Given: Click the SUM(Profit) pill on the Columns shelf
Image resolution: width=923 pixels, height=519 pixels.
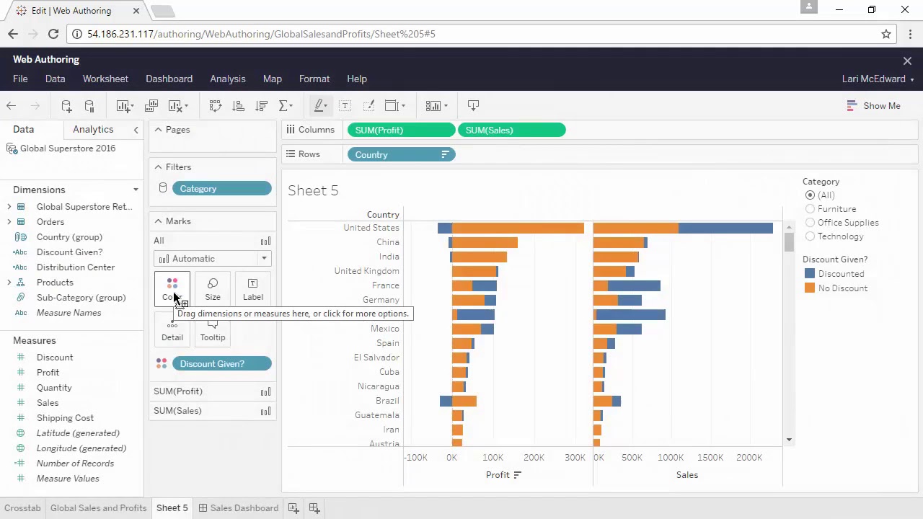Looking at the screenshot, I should [400, 130].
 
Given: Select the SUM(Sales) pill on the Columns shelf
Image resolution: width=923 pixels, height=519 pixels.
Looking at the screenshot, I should [511, 130].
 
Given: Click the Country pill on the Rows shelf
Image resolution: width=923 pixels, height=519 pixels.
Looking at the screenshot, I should [400, 155].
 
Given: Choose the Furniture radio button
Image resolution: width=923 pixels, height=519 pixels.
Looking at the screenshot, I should [811, 209].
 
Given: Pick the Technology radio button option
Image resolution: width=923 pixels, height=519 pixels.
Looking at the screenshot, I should [811, 236].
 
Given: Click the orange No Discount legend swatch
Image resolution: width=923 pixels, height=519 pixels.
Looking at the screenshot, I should [810, 288].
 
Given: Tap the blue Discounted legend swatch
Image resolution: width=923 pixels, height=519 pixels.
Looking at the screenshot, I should [810, 274].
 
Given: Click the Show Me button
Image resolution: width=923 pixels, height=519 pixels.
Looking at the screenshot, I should [874, 106].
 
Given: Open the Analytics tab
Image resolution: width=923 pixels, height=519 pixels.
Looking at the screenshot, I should [93, 130].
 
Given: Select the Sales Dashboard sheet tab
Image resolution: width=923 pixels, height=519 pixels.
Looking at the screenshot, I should [244, 508].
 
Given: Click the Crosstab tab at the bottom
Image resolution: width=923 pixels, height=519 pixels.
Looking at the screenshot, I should [22, 508].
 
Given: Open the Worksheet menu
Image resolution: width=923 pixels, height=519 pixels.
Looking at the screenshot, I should [105, 79].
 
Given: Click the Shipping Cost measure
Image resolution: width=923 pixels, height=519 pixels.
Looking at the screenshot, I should [65, 418].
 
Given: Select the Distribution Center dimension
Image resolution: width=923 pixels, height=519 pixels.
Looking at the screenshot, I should [76, 267].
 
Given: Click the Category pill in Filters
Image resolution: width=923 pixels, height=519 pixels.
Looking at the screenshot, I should [221, 189].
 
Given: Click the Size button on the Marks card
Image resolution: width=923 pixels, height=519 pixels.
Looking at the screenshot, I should [213, 288].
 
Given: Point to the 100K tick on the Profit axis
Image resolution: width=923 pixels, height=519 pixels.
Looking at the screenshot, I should [493, 458].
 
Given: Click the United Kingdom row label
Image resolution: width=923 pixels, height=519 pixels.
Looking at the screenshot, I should [366, 271].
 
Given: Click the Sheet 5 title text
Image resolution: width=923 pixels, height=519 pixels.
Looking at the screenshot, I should [313, 190].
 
